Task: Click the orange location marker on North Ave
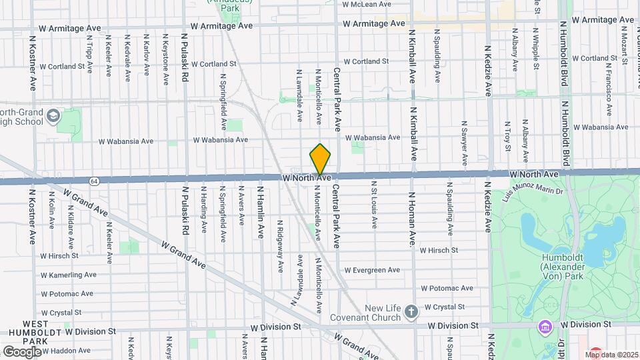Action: point(321,161)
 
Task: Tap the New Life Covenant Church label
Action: point(387,313)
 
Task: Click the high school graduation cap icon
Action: point(53,118)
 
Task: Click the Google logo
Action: point(22,351)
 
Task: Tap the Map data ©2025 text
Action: point(612,354)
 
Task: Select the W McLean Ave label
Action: point(365,4)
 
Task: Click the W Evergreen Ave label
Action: point(371,270)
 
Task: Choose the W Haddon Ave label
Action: point(65,350)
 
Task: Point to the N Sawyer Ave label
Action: point(464,145)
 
